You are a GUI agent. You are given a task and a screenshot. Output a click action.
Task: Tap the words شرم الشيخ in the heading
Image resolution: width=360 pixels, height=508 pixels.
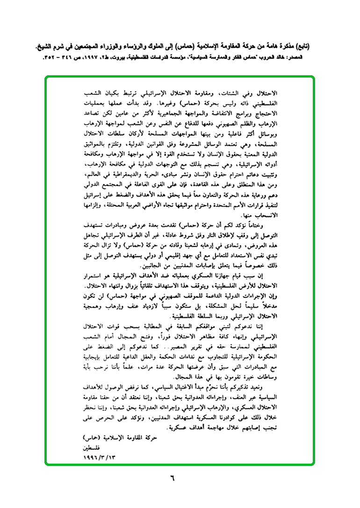click(x=49, y=47)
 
